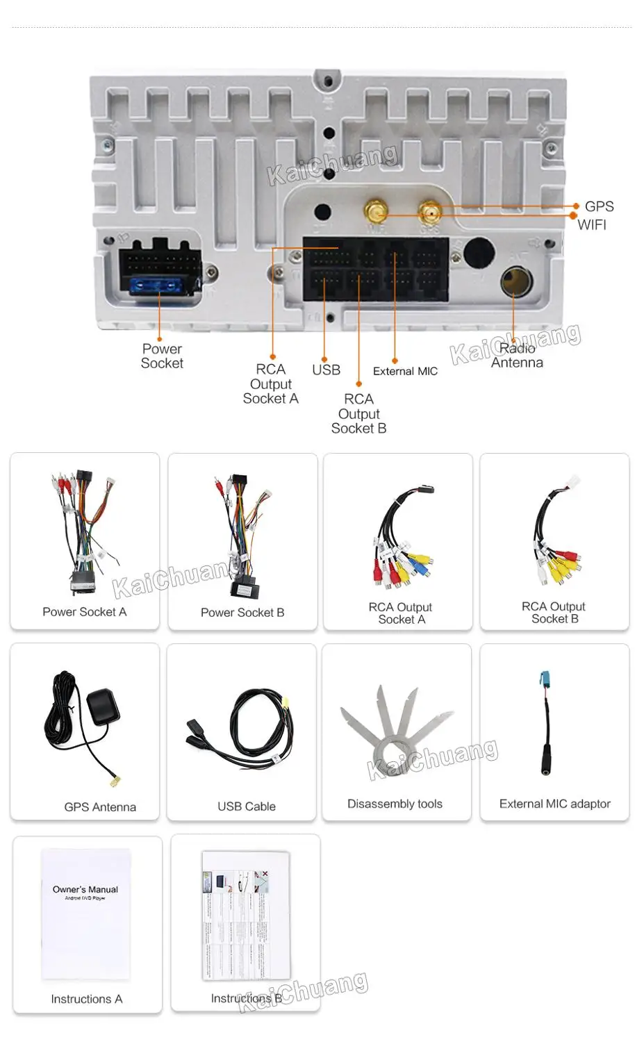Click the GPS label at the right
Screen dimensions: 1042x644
(x=599, y=206)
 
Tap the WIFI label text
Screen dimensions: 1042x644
(x=592, y=224)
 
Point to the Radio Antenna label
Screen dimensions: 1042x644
(x=517, y=356)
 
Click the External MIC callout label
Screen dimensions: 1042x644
(x=405, y=371)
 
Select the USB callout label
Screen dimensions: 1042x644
(x=326, y=370)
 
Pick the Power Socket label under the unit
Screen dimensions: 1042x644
(x=162, y=356)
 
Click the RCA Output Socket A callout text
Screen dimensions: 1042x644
(x=270, y=383)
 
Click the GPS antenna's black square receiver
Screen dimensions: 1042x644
(x=104, y=706)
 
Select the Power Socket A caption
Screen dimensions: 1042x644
(x=85, y=612)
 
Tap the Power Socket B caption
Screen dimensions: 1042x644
(x=242, y=613)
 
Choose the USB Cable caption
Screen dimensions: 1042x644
(x=247, y=807)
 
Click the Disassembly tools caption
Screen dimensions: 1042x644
(x=395, y=804)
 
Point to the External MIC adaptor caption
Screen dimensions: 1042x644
(x=554, y=804)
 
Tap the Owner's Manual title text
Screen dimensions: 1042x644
(x=85, y=889)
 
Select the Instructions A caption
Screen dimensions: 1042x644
(x=87, y=999)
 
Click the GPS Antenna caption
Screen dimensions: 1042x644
(x=100, y=807)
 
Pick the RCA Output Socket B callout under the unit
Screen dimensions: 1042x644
(x=358, y=413)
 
